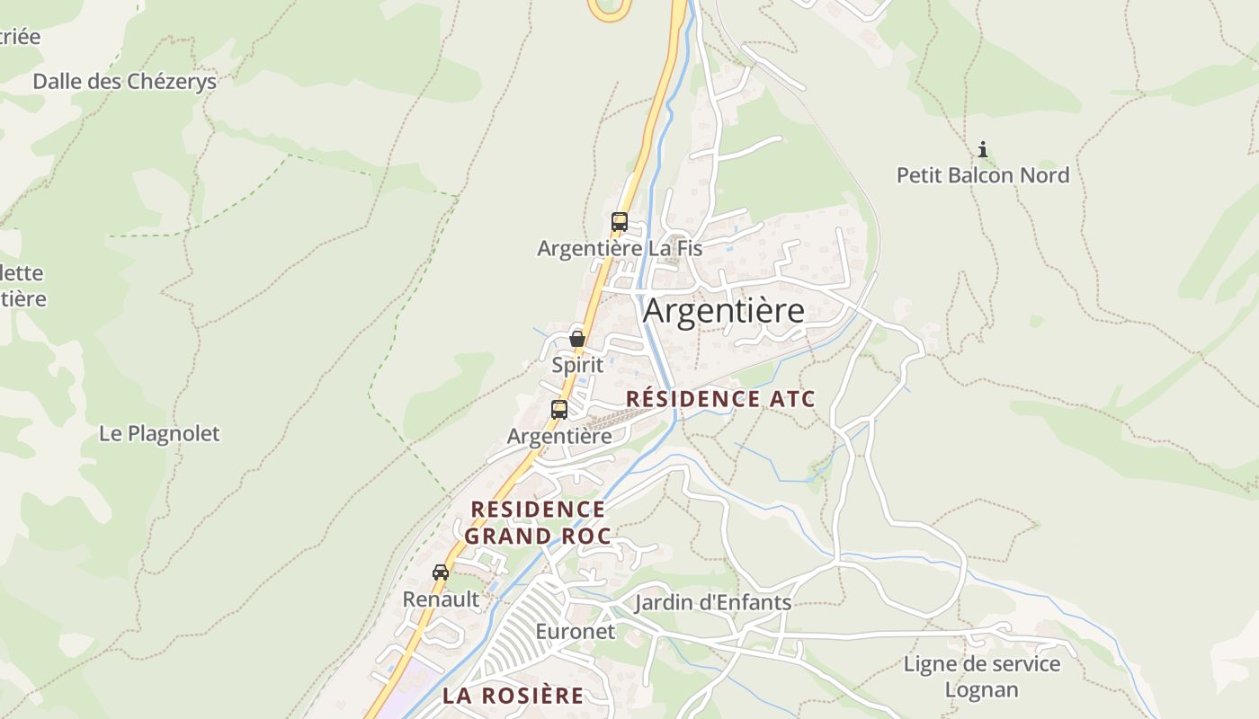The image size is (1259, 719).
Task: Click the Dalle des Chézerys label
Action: (125, 82)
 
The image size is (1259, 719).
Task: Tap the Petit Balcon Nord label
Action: (983, 175)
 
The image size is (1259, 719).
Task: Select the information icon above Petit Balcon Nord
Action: (983, 149)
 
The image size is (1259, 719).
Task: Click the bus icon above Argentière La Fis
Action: (619, 222)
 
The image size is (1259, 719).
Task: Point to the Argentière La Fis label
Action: (620, 248)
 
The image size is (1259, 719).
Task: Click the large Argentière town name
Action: (724, 311)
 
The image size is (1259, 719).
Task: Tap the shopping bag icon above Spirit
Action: (577, 339)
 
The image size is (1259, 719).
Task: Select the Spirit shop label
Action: (577, 366)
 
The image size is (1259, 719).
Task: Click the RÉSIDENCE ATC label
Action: (720, 399)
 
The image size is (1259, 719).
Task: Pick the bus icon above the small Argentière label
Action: (559, 410)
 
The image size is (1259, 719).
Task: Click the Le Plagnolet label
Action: (159, 433)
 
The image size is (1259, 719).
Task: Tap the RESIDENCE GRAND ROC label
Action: (538, 523)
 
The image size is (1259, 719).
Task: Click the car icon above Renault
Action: (441, 573)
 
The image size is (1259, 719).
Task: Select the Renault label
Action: (441, 599)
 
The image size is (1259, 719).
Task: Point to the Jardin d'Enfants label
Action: (713, 602)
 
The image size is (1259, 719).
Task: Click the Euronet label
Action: (576, 632)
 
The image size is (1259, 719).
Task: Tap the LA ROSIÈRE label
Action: (513, 696)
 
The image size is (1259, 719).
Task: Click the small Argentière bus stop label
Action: (559, 437)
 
